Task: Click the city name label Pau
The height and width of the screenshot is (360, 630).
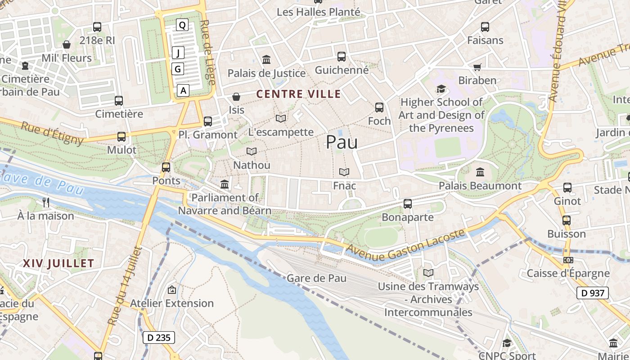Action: click(342, 142)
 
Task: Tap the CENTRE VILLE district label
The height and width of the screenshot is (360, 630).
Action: click(298, 94)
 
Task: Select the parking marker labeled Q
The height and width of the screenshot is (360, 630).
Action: click(182, 25)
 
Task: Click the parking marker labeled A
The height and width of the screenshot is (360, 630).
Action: click(183, 90)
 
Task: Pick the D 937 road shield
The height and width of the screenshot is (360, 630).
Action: click(592, 293)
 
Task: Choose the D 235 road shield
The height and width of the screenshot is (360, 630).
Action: click(158, 337)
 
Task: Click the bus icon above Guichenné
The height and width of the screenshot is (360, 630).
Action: click(342, 57)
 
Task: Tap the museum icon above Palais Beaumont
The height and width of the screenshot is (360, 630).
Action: click(480, 172)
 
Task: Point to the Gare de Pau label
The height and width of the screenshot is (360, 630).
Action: click(317, 278)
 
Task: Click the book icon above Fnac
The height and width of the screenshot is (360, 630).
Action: click(344, 172)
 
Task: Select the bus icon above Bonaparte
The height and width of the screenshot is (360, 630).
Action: click(408, 204)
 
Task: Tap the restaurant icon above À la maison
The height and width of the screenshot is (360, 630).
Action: click(45, 202)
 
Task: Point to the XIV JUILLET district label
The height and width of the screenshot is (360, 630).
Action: click(58, 263)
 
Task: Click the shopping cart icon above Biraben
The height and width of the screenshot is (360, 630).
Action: click(477, 67)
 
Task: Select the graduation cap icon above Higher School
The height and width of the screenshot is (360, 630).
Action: click(441, 89)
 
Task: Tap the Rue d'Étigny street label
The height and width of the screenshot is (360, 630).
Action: click(52, 133)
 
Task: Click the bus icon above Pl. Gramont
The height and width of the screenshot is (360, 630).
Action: click(207, 121)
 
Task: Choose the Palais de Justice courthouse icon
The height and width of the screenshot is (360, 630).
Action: click(266, 59)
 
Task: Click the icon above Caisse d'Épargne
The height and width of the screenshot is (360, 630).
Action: click(568, 260)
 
